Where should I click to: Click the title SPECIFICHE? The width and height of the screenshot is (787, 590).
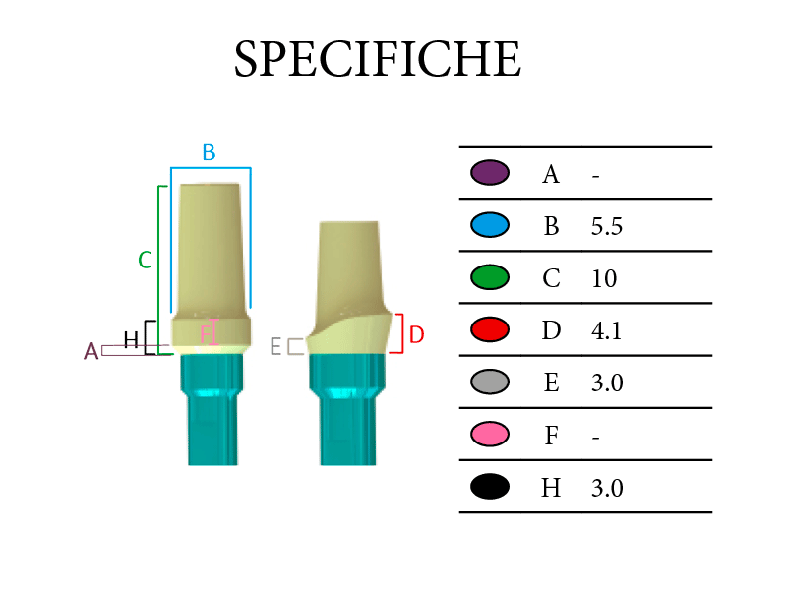[x=378, y=59]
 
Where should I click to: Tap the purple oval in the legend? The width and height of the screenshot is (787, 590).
[x=490, y=173]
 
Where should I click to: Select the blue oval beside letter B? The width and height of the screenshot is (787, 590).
[x=490, y=225]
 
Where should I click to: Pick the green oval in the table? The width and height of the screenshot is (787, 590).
[x=490, y=277]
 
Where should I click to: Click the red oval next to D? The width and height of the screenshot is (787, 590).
[x=490, y=329]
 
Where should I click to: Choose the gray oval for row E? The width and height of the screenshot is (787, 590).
[x=490, y=382]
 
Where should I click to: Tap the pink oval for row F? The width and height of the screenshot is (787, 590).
[x=490, y=434]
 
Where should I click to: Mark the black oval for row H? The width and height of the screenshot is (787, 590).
[x=490, y=486]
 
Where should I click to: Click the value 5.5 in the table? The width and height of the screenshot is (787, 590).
[x=607, y=226]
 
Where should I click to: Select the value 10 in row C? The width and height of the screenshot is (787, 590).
[x=604, y=278]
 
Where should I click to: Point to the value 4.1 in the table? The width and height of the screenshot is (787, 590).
[x=607, y=330]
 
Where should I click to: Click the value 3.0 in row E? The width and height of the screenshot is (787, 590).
[x=607, y=383]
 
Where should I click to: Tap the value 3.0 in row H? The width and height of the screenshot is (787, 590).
[x=607, y=488]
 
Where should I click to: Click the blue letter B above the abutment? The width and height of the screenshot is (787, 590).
[x=209, y=152]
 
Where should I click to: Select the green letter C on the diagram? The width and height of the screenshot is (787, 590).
[x=145, y=260]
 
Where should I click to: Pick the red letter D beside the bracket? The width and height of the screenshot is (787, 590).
[x=416, y=334]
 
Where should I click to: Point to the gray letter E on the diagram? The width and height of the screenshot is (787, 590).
[x=275, y=346]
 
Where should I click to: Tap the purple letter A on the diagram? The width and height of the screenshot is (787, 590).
[x=91, y=351]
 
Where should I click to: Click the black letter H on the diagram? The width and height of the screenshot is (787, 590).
[x=131, y=340]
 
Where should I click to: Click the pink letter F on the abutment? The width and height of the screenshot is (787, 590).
[x=206, y=334]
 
